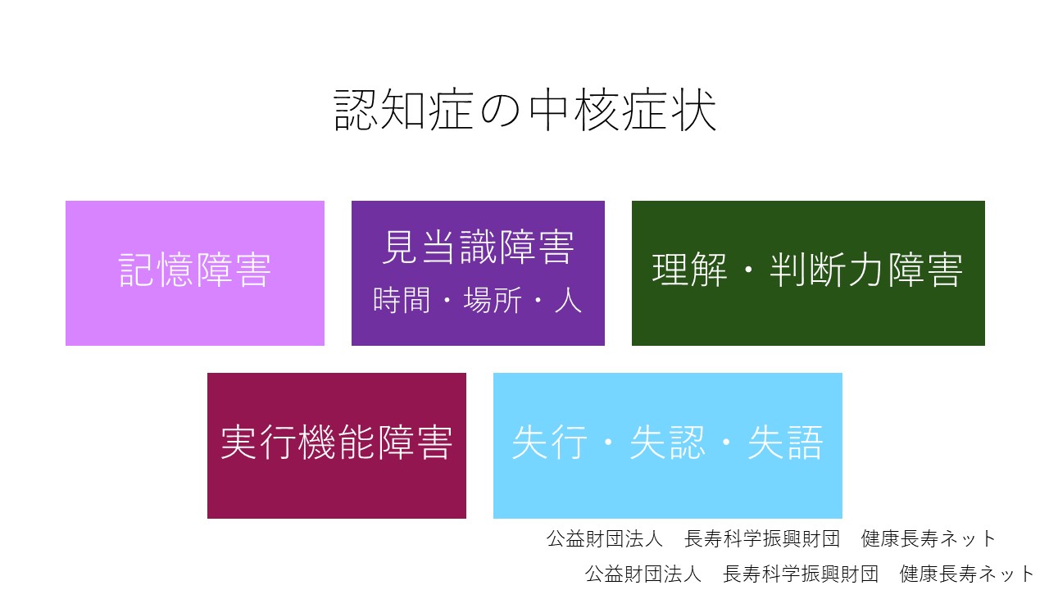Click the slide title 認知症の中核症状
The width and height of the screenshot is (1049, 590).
(x=525, y=110)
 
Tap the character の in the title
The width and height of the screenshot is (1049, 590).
(x=501, y=111)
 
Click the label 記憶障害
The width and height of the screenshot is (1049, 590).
(x=195, y=270)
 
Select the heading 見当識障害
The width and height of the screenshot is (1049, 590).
(x=478, y=247)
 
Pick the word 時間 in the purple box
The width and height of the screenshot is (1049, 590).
(x=402, y=300)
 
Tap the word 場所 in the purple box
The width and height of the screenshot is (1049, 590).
(x=493, y=300)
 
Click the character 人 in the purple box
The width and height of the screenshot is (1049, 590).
(x=568, y=300)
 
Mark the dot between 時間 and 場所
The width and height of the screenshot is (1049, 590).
(x=447, y=300)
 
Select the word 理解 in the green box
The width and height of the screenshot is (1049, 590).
(x=689, y=270)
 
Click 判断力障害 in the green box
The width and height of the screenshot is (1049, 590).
(x=866, y=270)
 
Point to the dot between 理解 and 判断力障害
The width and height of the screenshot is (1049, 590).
(x=748, y=270)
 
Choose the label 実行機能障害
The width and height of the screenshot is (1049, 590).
(x=337, y=442)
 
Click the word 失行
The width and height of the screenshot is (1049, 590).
(x=549, y=442)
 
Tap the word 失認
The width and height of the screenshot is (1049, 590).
(x=667, y=442)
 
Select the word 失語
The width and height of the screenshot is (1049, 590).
(x=785, y=442)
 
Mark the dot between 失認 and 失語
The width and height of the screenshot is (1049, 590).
(x=726, y=442)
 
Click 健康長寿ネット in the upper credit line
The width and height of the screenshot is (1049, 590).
(x=929, y=538)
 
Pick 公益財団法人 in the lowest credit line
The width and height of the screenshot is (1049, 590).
(x=643, y=574)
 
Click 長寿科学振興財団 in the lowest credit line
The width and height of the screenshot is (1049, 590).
(x=801, y=574)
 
